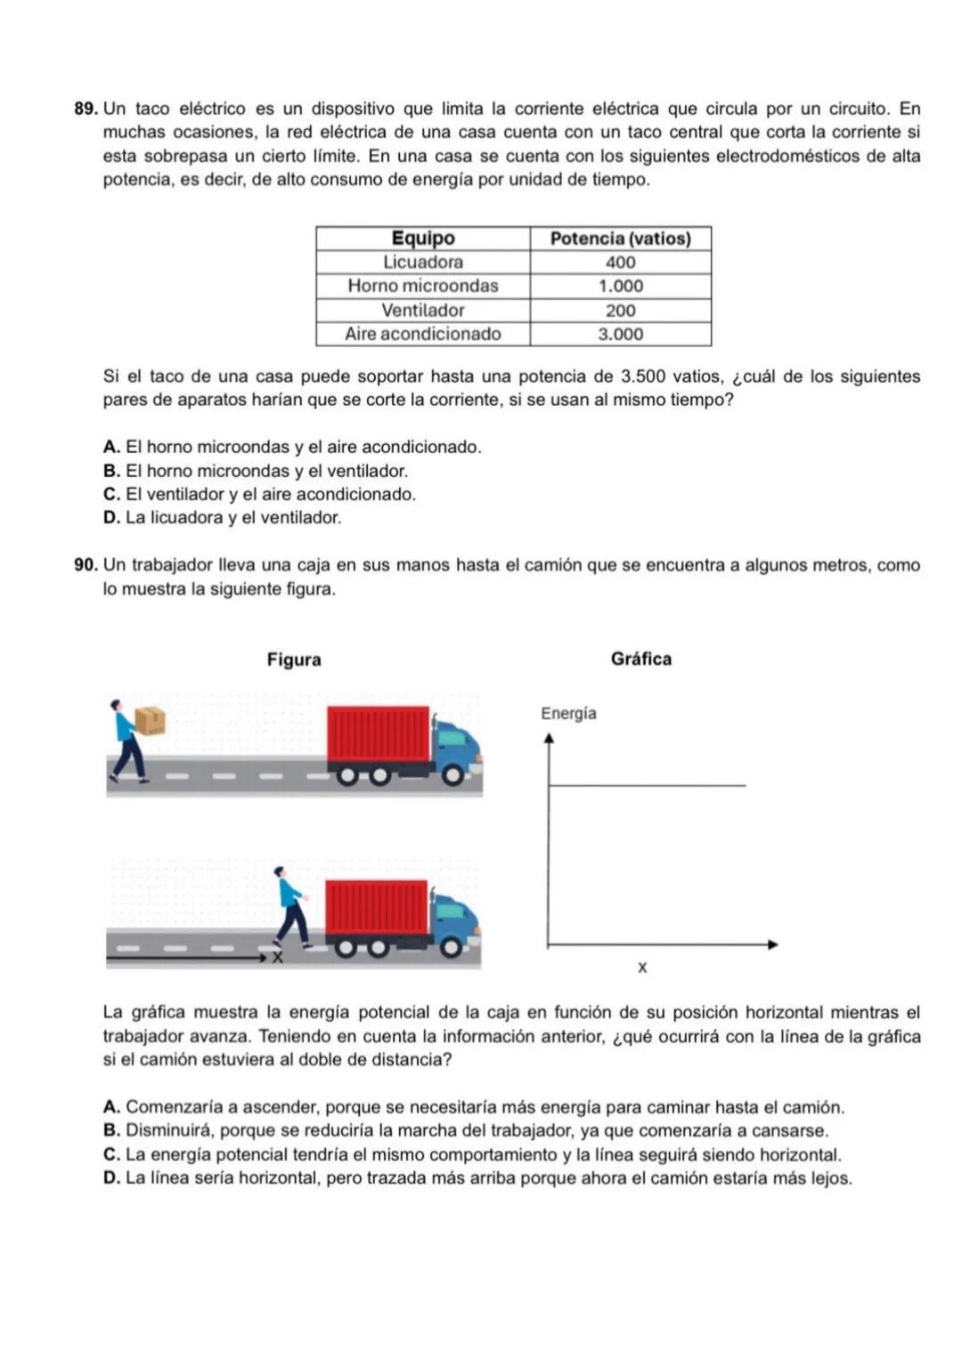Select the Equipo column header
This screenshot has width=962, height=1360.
[423, 239]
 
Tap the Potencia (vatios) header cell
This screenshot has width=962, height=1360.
[620, 239]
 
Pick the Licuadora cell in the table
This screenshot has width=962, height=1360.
[423, 263]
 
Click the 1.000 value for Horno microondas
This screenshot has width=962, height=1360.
[620, 287]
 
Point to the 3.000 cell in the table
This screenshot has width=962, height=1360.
[620, 335]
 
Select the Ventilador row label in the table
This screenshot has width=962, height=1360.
[423, 311]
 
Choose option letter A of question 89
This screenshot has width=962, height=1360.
[111, 447]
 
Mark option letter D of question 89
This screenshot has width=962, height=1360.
[111, 517]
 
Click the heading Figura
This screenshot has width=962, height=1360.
[294, 660]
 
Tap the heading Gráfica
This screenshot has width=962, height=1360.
[640, 659]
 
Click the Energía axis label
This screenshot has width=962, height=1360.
[568, 714]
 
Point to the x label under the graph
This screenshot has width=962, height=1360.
[642, 967]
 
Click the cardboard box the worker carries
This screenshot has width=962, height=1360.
[150, 720]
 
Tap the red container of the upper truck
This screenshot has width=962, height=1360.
[379, 734]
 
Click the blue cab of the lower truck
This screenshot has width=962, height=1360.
[454, 912]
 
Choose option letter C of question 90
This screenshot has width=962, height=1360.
[111, 1154]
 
